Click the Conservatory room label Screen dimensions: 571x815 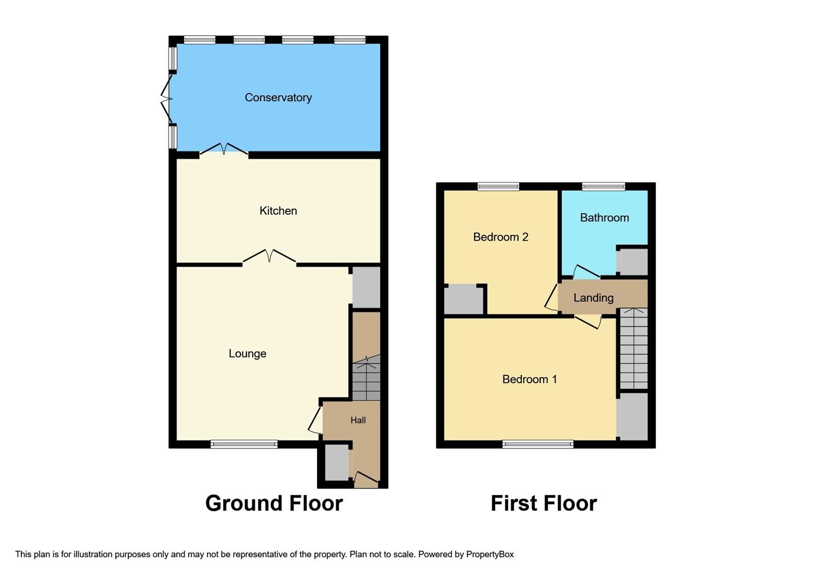click(x=278, y=97)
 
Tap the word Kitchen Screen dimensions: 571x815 click(x=278, y=210)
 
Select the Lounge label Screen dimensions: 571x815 click(x=247, y=354)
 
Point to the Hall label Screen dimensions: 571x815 click(x=358, y=420)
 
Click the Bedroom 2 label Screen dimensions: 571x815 click(x=501, y=237)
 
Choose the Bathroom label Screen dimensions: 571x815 click(x=604, y=217)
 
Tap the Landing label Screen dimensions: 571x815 click(x=593, y=298)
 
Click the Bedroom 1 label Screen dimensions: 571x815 click(x=529, y=379)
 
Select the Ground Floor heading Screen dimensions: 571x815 click(x=274, y=503)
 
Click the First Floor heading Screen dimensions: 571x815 click(x=543, y=503)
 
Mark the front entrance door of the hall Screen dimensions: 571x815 click(x=366, y=479)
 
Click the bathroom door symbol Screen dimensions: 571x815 click(x=586, y=271)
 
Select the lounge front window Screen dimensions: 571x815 click(x=244, y=444)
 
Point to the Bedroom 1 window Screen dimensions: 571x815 click(x=538, y=444)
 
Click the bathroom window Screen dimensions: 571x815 click(x=603, y=186)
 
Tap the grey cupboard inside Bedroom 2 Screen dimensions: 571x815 click(x=464, y=300)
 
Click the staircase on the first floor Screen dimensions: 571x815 click(x=633, y=349)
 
